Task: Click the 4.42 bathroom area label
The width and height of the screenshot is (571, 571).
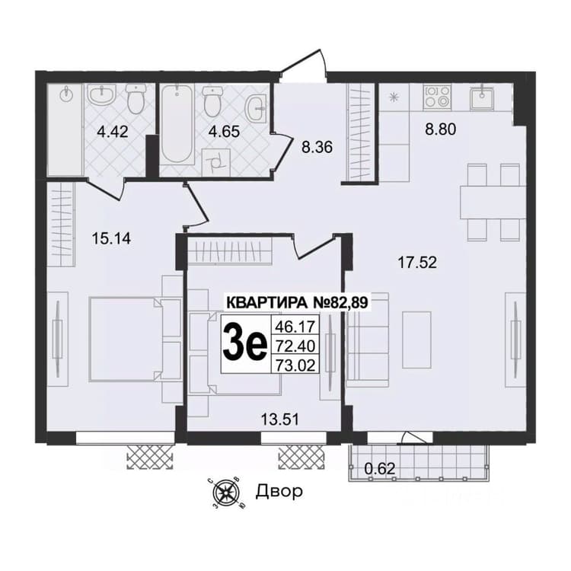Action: click(113, 132)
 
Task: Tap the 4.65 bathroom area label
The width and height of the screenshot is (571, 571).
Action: click(224, 132)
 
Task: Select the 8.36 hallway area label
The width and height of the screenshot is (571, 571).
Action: click(317, 148)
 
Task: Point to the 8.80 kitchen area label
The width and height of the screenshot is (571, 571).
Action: click(441, 129)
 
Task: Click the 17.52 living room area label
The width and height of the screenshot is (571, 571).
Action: click(417, 262)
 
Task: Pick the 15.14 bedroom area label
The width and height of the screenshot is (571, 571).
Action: click(111, 239)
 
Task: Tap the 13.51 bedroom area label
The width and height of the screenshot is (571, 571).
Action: click(280, 419)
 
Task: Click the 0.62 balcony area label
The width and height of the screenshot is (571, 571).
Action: click(380, 468)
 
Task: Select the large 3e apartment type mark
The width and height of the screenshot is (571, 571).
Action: click(244, 344)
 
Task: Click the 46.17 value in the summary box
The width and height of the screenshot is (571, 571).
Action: click(295, 327)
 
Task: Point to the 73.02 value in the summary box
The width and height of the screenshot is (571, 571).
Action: click(295, 365)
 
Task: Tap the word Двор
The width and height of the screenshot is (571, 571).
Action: click(279, 491)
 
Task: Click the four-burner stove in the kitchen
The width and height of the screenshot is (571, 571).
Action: click(437, 97)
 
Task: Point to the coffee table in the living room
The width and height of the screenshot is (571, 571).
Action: click(416, 340)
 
